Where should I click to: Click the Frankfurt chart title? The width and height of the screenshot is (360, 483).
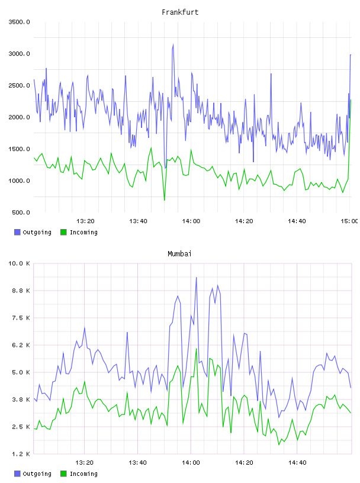click(180, 12)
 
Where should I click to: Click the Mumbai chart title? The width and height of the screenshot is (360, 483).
click(179, 254)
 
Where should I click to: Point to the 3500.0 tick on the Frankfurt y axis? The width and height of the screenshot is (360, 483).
click(19, 22)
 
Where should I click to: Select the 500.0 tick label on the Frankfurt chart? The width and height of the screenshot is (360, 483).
click(21, 212)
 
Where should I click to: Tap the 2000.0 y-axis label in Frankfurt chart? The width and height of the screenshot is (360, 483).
click(19, 117)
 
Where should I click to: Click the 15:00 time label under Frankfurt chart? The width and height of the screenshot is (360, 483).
click(349, 221)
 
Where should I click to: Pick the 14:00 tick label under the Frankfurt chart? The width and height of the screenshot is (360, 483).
click(191, 221)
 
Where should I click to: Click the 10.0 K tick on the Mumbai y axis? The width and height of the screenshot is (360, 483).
click(19, 263)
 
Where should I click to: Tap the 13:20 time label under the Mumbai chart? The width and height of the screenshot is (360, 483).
click(85, 463)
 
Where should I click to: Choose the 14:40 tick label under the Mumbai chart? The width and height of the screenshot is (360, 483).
click(297, 463)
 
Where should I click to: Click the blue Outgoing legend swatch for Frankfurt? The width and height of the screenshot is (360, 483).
click(17, 232)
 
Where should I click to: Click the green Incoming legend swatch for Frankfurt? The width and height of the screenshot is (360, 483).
click(63, 232)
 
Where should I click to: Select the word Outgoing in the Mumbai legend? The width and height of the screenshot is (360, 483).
click(37, 474)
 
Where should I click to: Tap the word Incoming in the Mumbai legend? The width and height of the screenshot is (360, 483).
click(83, 474)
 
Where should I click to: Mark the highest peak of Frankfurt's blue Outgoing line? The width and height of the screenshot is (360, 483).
click(173, 44)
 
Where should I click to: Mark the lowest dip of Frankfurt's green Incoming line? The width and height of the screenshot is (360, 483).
click(164, 200)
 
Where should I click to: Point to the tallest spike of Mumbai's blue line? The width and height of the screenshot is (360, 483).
click(197, 278)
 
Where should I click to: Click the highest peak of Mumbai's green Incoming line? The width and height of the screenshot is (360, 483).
click(197, 349)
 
